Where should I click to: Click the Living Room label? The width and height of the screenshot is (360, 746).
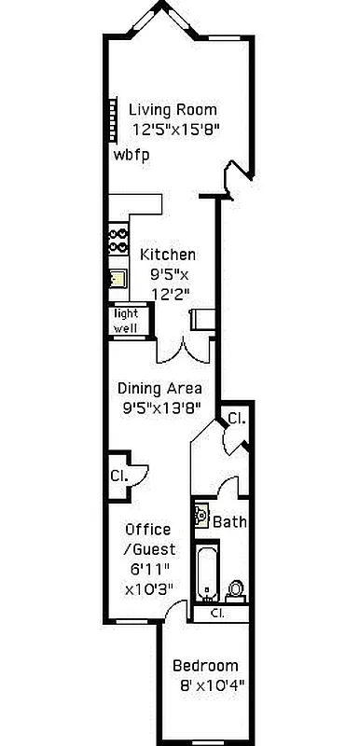(x=173, y=109)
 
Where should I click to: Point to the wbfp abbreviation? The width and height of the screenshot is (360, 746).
(x=132, y=154)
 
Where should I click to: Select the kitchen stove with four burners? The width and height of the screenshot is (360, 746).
(x=118, y=241)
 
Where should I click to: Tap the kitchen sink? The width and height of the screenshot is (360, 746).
(x=117, y=278)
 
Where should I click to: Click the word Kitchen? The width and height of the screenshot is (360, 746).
(x=168, y=255)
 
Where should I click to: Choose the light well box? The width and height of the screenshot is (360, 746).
(x=125, y=321)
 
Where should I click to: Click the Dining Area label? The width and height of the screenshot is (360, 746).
(x=159, y=388)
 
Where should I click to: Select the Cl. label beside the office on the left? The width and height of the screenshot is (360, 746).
(x=118, y=475)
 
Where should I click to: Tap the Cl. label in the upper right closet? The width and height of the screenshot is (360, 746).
(x=236, y=419)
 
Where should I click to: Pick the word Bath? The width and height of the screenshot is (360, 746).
(x=229, y=522)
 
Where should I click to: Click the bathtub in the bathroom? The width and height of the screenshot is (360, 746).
(x=205, y=573)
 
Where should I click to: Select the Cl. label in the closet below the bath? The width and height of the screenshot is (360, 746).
(x=216, y=614)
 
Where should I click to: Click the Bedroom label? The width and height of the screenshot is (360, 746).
(x=204, y=667)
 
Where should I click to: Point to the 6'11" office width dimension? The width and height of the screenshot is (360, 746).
(x=147, y=570)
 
